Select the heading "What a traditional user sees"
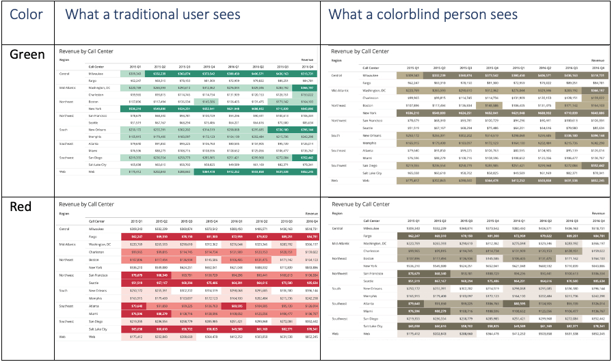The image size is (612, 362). [x=152, y=15]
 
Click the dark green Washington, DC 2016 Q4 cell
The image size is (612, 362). [x=308, y=88]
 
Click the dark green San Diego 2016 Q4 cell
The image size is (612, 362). [x=308, y=157]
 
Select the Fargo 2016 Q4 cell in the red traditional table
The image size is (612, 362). [x=308, y=236]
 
